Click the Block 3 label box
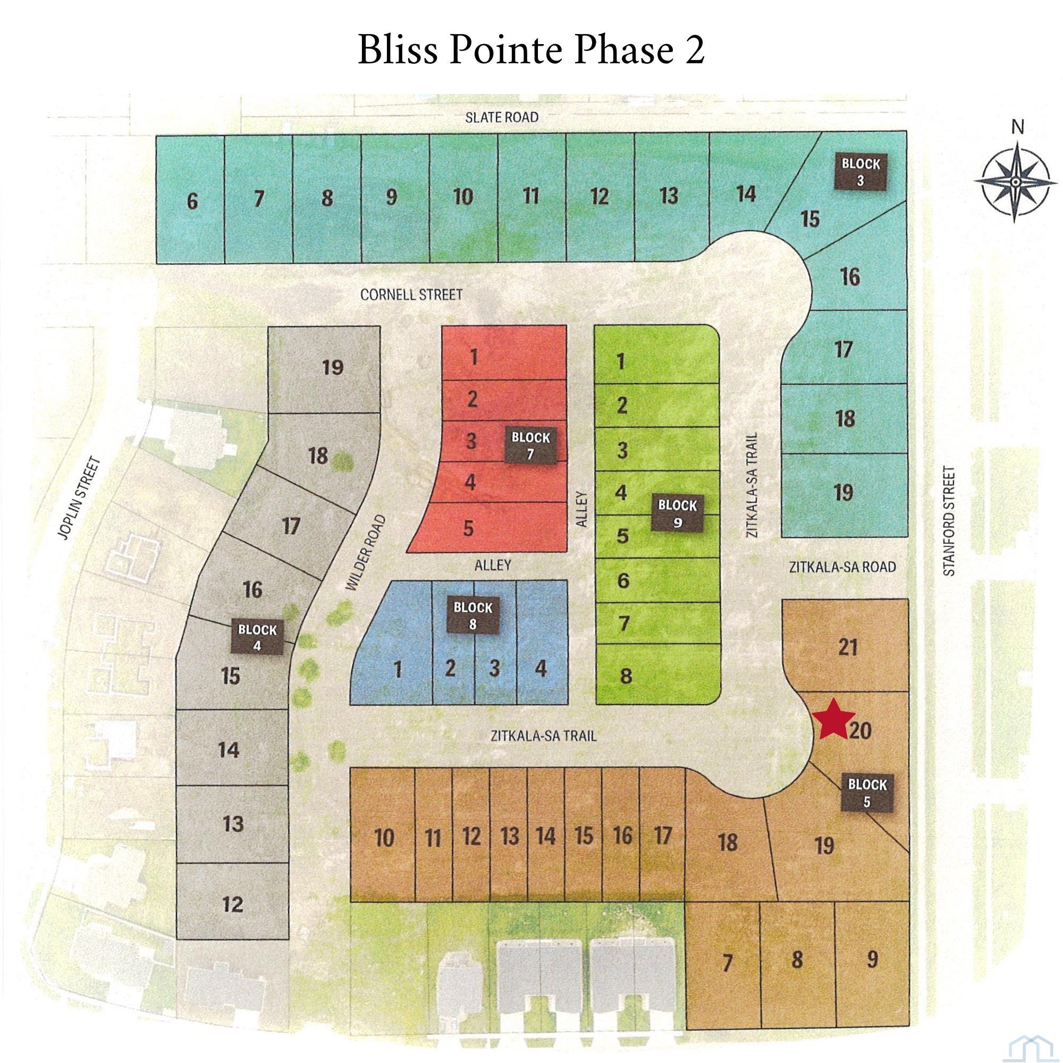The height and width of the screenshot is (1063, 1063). [860, 171]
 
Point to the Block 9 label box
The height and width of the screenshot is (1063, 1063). [677, 513]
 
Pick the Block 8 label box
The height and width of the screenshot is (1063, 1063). [472, 615]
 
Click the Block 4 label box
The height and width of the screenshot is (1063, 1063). [257, 637]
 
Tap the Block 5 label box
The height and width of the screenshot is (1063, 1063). [867, 793]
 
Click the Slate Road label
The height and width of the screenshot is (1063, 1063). [501, 117]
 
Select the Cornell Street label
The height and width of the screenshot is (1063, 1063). [411, 295]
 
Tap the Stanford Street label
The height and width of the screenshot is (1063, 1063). [950, 521]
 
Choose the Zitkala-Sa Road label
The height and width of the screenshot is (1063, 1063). [842, 566]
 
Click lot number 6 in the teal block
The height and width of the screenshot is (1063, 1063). [191, 201]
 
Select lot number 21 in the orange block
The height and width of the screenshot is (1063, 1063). [847, 647]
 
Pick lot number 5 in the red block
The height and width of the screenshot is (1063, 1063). [468, 528]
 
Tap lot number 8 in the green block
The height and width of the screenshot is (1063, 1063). [626, 676]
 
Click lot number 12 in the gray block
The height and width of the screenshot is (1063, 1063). [233, 904]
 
